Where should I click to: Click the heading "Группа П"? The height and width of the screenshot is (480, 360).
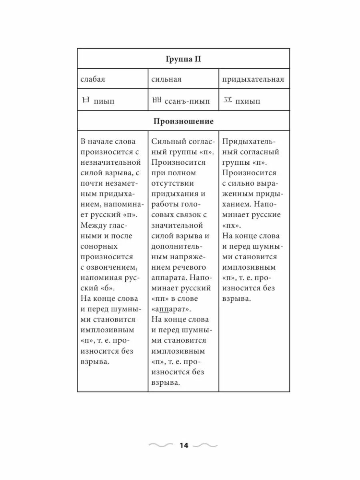(x=183, y=59)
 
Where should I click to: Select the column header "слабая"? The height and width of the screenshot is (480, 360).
(x=93, y=79)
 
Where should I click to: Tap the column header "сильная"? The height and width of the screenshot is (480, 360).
(x=166, y=79)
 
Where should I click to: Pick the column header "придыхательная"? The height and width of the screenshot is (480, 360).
(x=253, y=79)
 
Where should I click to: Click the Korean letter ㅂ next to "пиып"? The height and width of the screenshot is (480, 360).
(x=85, y=100)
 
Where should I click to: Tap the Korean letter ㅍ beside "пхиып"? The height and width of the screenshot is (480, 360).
(x=227, y=100)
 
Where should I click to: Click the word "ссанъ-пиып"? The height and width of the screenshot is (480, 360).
(x=187, y=101)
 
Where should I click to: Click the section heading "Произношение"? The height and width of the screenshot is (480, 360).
(x=183, y=122)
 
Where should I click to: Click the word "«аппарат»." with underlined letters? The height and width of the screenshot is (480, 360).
(x=171, y=309)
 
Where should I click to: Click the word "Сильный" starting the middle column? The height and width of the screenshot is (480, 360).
(x=166, y=142)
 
